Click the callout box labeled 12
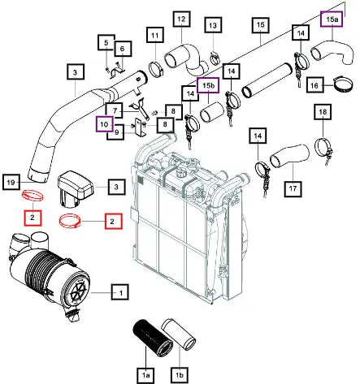click(x=181, y=19)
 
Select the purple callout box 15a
click(x=332, y=19)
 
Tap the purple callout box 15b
click(x=208, y=85)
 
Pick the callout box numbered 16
click(x=314, y=86)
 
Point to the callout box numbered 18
click(x=323, y=111)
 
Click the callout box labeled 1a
click(x=145, y=375)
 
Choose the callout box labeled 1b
click(x=180, y=375)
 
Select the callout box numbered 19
click(x=11, y=182)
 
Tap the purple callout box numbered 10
click(x=104, y=124)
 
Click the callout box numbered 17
click(x=293, y=188)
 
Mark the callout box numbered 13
click(x=213, y=25)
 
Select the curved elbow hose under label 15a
click(x=333, y=53)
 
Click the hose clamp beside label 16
click(x=343, y=84)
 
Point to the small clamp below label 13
click(x=215, y=59)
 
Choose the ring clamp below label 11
click(x=157, y=69)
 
